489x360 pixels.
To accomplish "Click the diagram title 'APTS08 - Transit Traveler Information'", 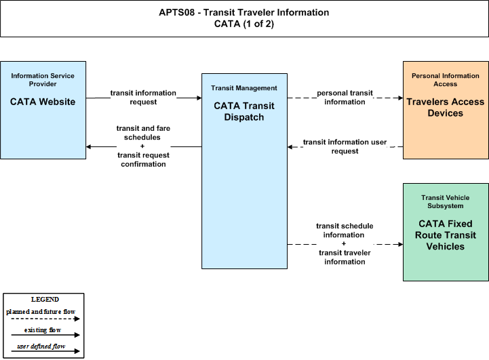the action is pos(244,12).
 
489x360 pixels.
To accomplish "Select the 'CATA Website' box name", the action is pos(43,102).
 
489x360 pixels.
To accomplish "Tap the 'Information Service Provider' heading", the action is pos(43,80).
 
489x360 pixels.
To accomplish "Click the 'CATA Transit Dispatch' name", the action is pos(244,111).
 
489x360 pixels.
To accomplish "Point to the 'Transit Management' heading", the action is pos(244,88).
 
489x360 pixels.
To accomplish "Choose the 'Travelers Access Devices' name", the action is pos(446,107).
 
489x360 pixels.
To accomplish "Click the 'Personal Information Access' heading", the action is pos(446,80).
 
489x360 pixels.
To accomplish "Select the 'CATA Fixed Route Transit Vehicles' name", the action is pos(446,235).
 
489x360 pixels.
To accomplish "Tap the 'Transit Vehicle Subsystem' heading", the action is pos(446,201).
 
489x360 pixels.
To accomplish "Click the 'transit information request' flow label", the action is pos(143,98).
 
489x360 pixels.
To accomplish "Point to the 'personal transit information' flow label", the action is pos(345,98).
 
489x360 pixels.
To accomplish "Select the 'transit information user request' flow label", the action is pos(345,146).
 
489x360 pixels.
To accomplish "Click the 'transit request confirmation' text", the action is pos(143,159).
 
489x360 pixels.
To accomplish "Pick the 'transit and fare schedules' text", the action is pos(143,133).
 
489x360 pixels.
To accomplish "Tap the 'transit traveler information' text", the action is pos(345,257).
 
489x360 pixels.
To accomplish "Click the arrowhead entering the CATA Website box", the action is pos(89,147).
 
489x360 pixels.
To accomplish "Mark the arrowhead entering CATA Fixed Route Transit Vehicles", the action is pos(400,244).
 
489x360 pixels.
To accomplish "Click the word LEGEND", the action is pos(45,300).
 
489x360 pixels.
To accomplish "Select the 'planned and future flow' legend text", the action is pos(41,312).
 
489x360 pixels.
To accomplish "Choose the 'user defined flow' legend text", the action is pos(41,346).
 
